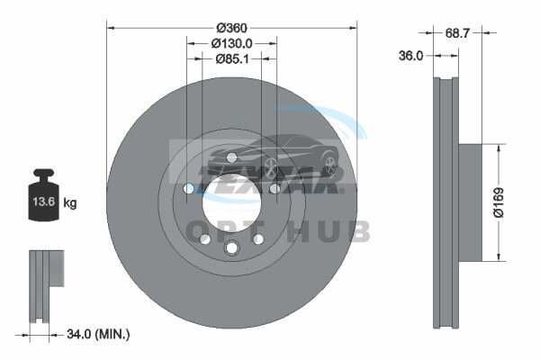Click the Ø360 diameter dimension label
[232, 28]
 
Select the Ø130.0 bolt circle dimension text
[232, 44]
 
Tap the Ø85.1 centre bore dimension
[232, 59]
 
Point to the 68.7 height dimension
[457, 33]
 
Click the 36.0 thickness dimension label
[410, 56]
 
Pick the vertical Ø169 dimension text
[499, 202]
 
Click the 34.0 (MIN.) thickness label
[98, 334]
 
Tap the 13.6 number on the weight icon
[44, 202]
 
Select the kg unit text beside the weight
[70, 202]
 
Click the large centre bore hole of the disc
[231, 202]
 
